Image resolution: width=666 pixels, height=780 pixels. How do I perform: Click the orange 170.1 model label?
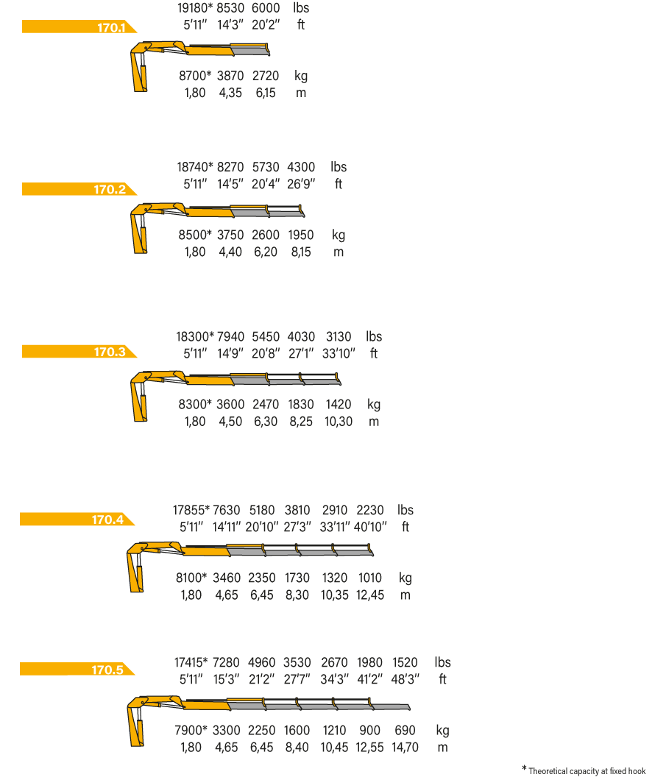[x=79, y=27]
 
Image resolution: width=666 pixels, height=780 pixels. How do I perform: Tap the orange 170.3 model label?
[x=79, y=351]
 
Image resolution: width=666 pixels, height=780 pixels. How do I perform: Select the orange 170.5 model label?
[x=77, y=669]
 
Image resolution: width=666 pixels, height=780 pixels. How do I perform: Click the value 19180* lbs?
[x=195, y=8]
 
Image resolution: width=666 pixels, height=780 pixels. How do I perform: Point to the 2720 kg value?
[x=266, y=76]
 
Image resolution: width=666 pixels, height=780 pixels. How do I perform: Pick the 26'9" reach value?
[x=301, y=184]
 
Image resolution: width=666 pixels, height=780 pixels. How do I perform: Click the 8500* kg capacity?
[x=195, y=235]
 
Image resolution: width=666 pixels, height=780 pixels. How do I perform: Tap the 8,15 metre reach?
[x=301, y=252]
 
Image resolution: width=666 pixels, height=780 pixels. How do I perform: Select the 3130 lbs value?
[x=339, y=337]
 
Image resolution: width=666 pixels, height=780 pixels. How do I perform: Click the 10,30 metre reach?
[x=339, y=422]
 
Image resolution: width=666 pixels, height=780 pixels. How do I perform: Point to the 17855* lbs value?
[x=191, y=510]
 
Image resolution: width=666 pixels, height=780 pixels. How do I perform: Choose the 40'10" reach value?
[x=370, y=527]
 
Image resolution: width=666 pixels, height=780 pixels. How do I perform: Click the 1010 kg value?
[x=370, y=578]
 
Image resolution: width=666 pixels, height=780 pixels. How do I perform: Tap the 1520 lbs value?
[x=405, y=662]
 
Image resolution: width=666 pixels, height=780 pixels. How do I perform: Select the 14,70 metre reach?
[x=405, y=747]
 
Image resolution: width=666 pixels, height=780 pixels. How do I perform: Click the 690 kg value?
[x=405, y=730]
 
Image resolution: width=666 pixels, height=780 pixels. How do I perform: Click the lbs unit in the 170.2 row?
[x=339, y=167]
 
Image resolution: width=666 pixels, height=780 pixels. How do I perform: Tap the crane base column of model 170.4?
[x=136, y=572]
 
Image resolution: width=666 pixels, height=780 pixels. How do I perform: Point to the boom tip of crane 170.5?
[x=408, y=707]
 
